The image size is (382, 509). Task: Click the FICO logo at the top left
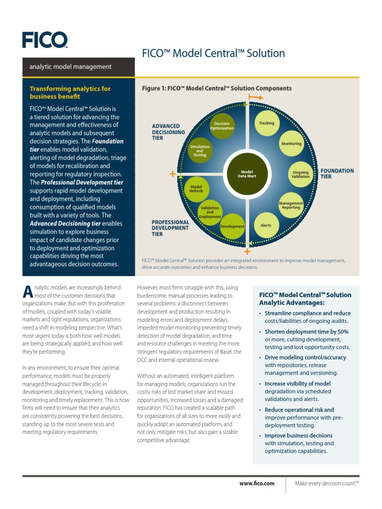click(44, 39)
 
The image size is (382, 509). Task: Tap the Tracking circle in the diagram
click(267, 123)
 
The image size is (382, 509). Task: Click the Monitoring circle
click(291, 144)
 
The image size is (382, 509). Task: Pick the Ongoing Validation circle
click(300, 174)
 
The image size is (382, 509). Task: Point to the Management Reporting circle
click(291, 205)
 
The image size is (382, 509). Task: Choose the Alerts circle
click(266, 225)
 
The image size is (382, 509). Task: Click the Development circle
click(232, 226)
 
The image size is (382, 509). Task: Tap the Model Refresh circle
click(196, 189)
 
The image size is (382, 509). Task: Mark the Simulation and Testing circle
click(200, 151)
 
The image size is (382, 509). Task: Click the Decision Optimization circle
click(222, 126)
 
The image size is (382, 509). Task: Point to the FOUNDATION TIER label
click(337, 173)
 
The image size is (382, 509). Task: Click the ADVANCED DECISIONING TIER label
click(168, 132)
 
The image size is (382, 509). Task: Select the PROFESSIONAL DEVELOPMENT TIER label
click(170, 228)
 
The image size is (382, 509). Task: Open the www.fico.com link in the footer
click(257, 483)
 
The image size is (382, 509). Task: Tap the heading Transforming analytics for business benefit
click(70, 92)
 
